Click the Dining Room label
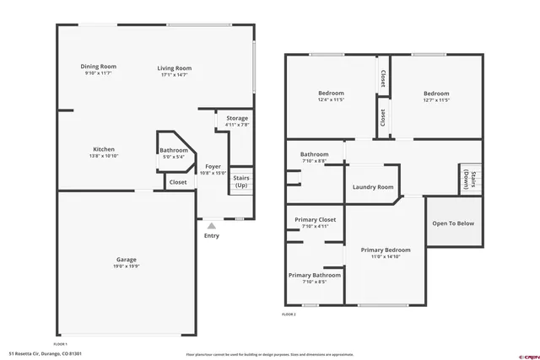coord(99,67)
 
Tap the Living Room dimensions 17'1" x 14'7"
coord(175,76)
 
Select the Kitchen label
coord(104,148)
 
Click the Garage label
coord(127,259)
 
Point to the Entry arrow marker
coord(211,225)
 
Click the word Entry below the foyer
coord(211,235)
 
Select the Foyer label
coord(213,166)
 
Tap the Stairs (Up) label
coord(240,180)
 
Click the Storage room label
coord(237,118)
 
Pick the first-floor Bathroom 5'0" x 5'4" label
coord(174,151)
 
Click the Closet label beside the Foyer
coord(178,182)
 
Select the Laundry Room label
coord(373,187)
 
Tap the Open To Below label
coord(453,223)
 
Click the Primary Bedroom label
coord(386,250)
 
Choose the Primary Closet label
coord(315,219)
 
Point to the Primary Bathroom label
coord(315,275)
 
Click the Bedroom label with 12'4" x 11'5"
coord(330,94)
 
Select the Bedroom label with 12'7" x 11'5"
coord(436,94)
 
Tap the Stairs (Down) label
coord(470,180)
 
